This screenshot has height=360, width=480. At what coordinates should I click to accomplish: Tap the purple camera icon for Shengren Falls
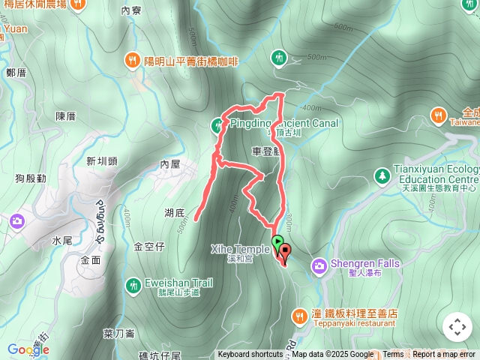point(319,265)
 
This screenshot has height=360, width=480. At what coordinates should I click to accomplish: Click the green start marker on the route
point(277,242)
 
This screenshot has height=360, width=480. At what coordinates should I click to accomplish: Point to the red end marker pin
point(284,253)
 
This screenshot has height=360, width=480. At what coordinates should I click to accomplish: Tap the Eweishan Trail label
point(179,283)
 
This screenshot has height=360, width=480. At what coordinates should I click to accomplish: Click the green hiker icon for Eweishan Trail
point(133,284)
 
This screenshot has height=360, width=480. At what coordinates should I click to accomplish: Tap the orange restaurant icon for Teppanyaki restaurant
point(299,316)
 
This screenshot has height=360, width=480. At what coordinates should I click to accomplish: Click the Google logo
point(28,349)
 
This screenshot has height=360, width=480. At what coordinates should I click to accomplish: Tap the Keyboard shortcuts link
point(250,355)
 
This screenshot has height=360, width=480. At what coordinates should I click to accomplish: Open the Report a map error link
point(445,355)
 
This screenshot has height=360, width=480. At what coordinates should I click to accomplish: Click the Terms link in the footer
point(393,355)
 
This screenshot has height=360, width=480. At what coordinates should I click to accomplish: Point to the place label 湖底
point(175,213)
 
